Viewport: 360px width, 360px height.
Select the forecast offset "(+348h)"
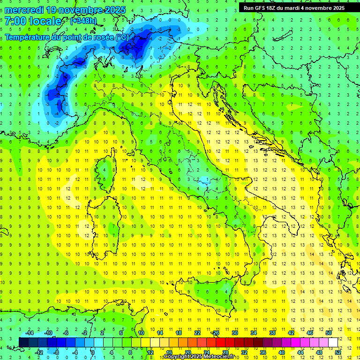(x=83, y=21)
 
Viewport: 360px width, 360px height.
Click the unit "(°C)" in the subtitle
(x=121, y=37)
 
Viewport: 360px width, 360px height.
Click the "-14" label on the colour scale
(x=29, y=333)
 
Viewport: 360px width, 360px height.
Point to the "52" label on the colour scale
(x=337, y=352)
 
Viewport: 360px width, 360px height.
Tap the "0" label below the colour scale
(x=93, y=352)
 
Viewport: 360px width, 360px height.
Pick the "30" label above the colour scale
(x=234, y=333)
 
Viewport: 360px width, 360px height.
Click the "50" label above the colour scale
(x=328, y=333)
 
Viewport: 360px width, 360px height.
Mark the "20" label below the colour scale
(x=187, y=352)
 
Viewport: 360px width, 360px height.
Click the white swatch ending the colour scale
(x=333, y=342)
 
